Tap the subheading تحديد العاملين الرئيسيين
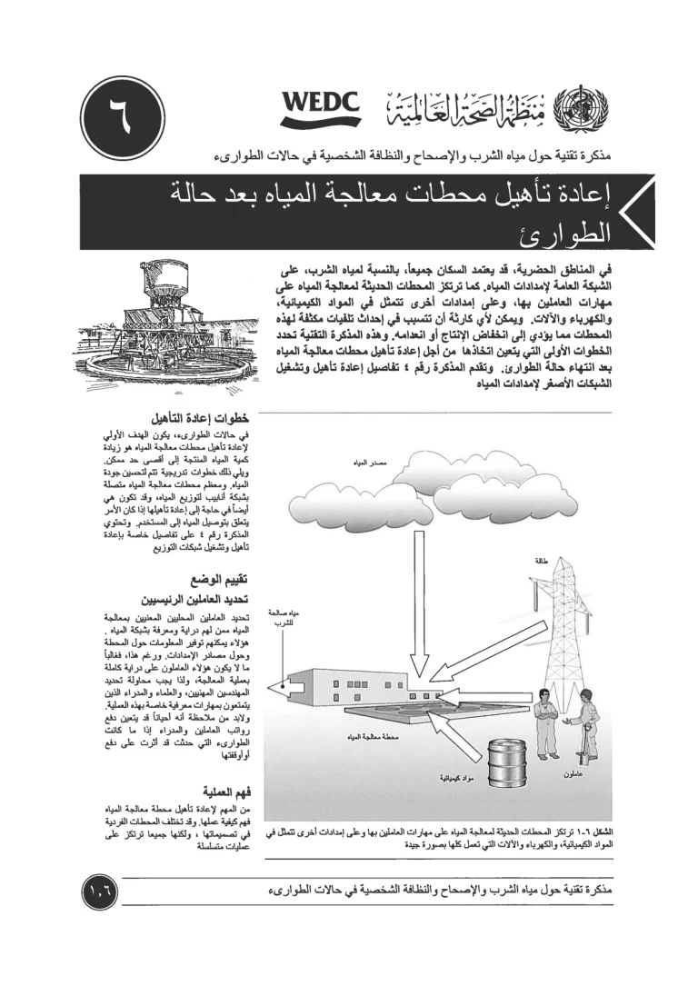pos(203,599)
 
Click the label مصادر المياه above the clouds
pos(366,463)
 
